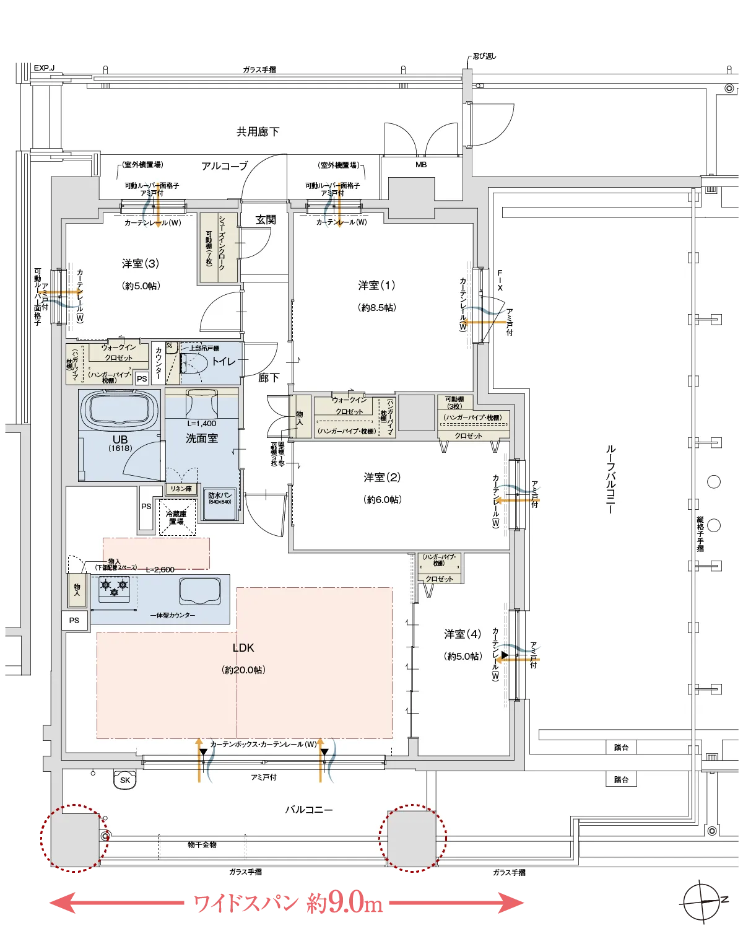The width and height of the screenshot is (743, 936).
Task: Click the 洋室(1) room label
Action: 376,286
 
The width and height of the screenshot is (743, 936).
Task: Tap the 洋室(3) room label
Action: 141,264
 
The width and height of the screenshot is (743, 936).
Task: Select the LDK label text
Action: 243,648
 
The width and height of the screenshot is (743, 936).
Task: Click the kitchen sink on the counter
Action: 200,591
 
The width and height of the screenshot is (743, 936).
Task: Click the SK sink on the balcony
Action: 125,780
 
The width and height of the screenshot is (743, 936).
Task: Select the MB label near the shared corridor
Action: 421,165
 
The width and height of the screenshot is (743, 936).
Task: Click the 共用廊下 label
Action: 258,132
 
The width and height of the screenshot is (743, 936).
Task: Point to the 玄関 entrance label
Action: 266,220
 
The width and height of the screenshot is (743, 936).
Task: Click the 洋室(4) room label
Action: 463,634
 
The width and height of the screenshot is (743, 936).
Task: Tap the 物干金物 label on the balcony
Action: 202,845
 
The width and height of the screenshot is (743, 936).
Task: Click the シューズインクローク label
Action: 222,247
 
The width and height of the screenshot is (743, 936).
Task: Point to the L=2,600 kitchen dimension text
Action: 160,569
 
